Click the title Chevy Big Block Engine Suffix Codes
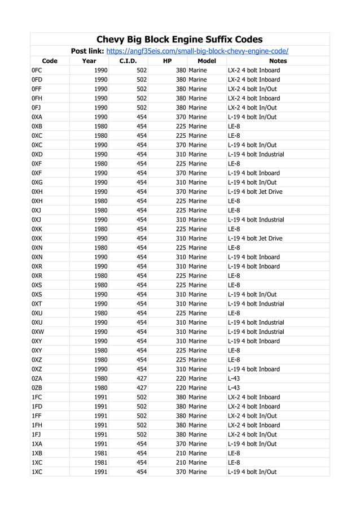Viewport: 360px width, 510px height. (x=179, y=39)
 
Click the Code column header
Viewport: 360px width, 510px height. (x=50, y=61)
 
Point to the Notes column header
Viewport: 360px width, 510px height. (x=278, y=61)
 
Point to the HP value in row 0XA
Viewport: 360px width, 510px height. (x=181, y=117)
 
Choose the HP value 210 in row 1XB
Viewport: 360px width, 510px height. (x=181, y=453)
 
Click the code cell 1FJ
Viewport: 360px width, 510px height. (x=37, y=434)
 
